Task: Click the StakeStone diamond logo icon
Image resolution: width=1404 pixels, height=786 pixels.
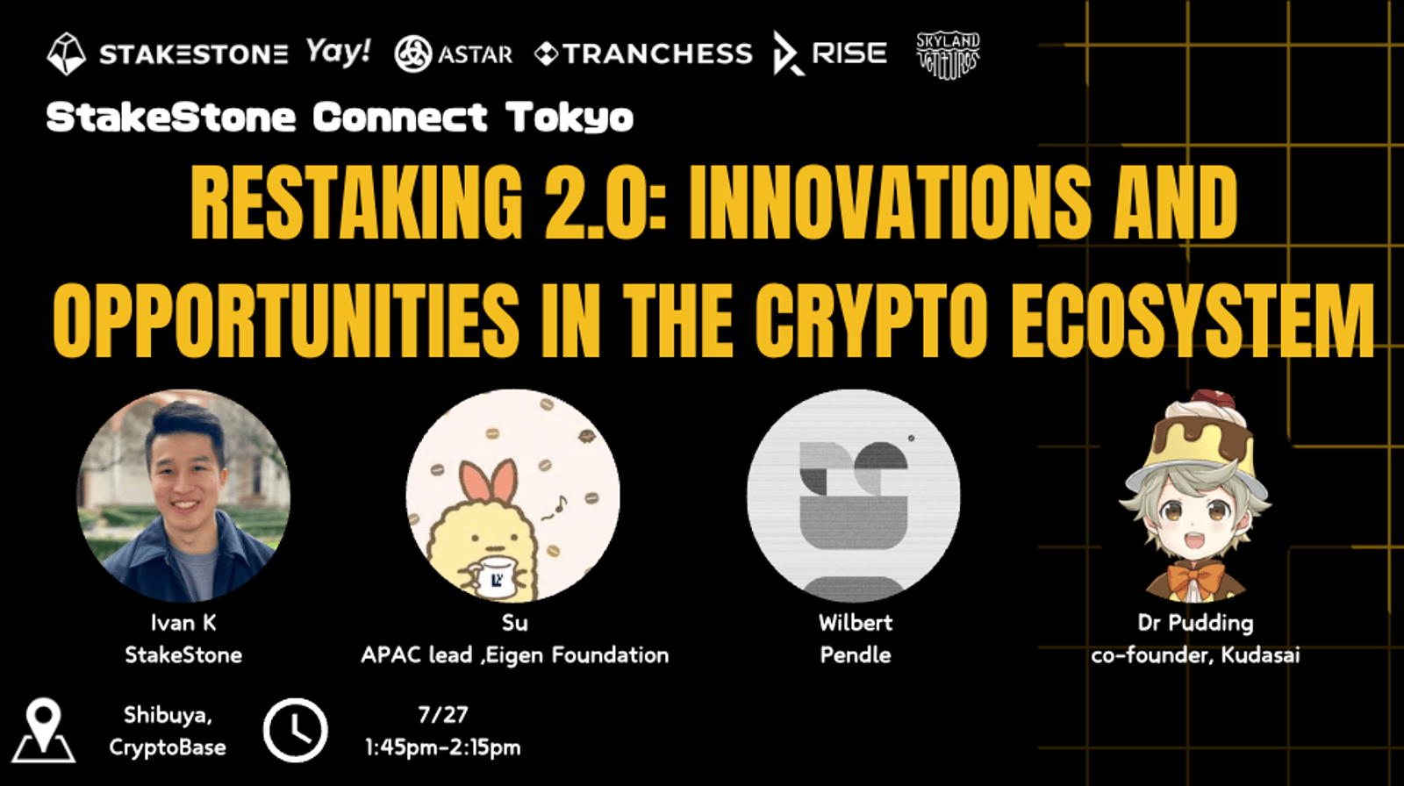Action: point(67,54)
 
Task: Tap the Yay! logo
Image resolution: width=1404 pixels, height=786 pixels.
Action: point(339,52)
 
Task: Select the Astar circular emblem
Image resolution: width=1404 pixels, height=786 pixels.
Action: point(413,54)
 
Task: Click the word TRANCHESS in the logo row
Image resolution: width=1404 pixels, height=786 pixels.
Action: point(657,54)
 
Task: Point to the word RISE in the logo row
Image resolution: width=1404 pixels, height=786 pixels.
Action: point(849,54)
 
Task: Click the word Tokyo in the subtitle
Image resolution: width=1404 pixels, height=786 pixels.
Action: point(569,118)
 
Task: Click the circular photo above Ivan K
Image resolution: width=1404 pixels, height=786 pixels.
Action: point(183,495)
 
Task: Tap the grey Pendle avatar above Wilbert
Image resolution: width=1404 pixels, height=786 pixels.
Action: point(854,495)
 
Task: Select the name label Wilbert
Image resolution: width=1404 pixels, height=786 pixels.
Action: point(855,623)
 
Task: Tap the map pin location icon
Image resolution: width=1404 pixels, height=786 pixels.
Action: point(44,730)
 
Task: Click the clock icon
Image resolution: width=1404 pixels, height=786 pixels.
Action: point(295,730)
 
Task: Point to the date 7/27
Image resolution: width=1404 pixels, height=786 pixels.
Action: point(443,715)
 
